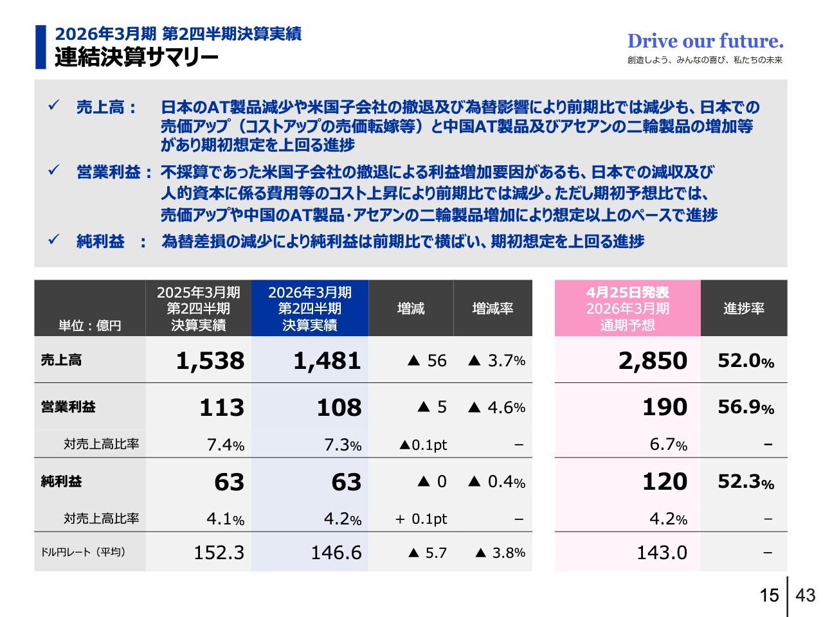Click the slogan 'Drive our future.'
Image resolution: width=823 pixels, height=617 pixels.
click(705, 41)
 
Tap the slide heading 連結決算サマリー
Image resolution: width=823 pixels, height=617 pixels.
click(136, 58)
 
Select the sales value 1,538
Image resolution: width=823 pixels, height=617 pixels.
click(210, 361)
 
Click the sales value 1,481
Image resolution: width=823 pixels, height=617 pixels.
click(327, 361)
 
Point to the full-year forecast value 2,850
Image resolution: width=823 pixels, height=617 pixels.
click(653, 361)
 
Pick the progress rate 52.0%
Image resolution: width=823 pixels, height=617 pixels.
click(745, 361)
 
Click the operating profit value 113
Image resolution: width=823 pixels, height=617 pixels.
click(222, 407)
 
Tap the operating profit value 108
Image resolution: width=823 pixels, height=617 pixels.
click(339, 407)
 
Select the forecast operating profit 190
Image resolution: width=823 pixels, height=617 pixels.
click(665, 407)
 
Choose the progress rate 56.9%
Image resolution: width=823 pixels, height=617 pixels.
click(745, 407)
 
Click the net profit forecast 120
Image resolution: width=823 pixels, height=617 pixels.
click(665, 481)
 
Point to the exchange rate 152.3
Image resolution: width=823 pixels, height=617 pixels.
click(219, 553)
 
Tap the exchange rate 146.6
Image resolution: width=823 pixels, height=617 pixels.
click(336, 553)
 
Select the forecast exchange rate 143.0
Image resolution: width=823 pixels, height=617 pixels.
click(662, 553)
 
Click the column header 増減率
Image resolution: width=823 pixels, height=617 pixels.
click(493, 308)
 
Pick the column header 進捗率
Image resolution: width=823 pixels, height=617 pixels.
click(744, 308)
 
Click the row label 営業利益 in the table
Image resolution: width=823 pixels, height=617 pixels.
click(68, 407)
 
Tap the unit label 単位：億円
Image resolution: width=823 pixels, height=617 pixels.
click(90, 326)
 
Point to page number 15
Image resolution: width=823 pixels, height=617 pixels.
click(769, 595)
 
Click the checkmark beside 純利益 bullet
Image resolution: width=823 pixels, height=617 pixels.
click(54, 240)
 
